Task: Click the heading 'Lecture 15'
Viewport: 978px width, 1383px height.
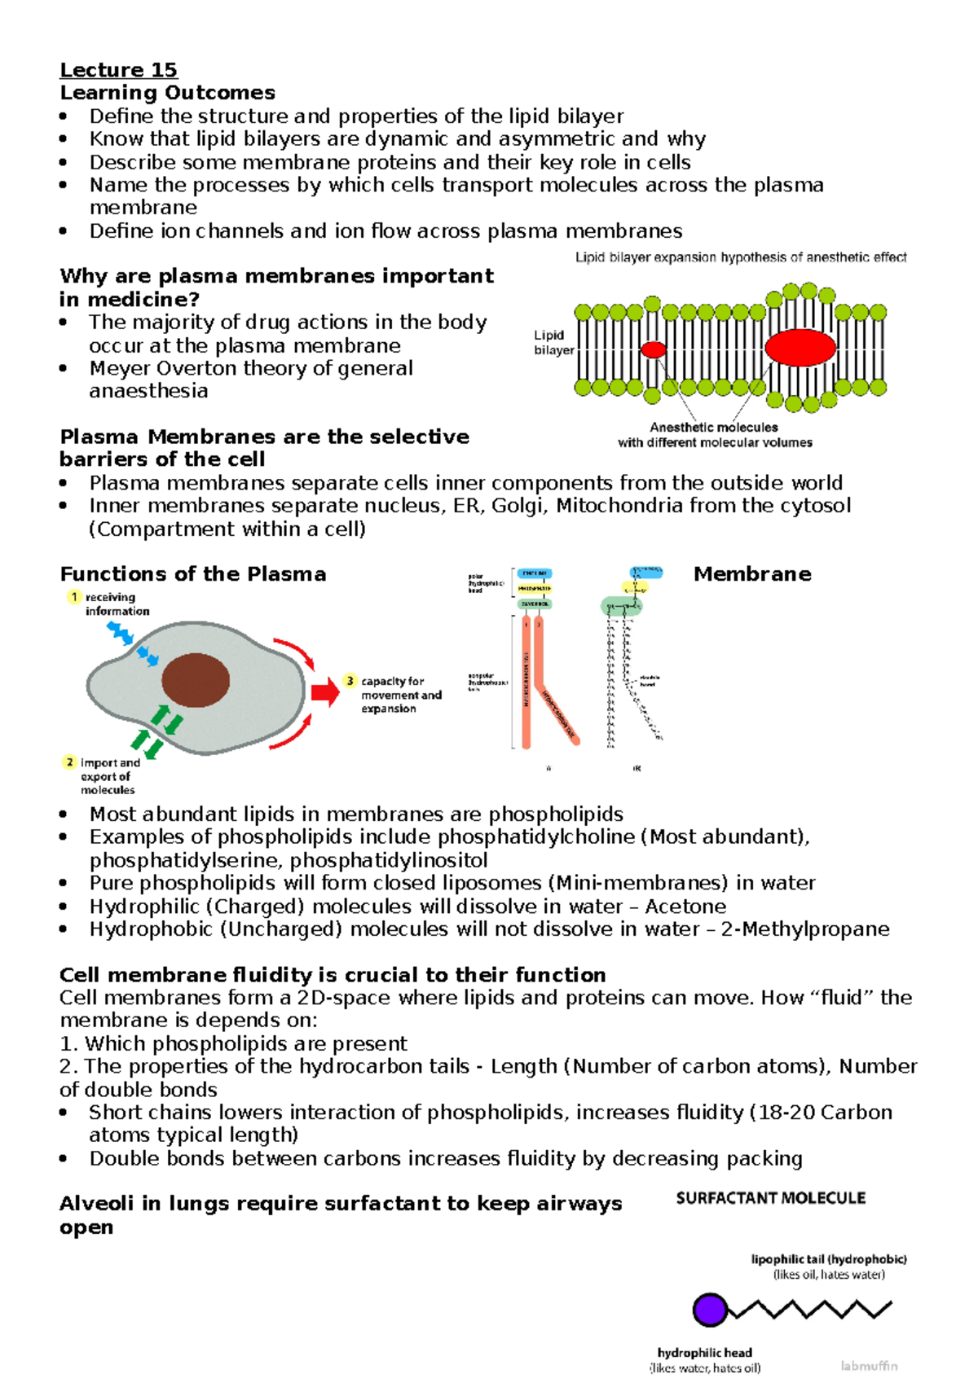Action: coord(118,70)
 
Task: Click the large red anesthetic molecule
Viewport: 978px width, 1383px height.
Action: coord(800,348)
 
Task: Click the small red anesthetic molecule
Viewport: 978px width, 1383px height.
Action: coord(653,350)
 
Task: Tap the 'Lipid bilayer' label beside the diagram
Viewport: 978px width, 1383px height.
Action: coord(553,343)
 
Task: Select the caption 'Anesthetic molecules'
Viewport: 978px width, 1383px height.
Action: coord(713,427)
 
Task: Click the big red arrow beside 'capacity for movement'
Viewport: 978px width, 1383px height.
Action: coord(324,692)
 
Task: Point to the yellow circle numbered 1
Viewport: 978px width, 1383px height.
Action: coord(74,597)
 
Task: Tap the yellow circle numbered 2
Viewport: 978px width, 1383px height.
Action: coord(69,762)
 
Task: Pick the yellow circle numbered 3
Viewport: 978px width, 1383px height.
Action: coord(350,681)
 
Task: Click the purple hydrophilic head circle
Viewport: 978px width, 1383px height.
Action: coord(709,1310)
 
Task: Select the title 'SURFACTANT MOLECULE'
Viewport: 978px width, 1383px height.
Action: coord(770,1198)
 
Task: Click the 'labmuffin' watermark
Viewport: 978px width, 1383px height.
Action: coord(869,1366)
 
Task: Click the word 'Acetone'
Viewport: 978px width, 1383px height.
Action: coord(685,907)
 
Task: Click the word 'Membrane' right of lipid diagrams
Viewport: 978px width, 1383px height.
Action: coord(751,574)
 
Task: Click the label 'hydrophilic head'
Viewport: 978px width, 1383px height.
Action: coord(704,1353)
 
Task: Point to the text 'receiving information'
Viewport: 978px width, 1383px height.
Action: coord(117,604)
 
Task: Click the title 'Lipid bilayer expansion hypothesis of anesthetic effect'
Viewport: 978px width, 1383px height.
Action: coord(741,257)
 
